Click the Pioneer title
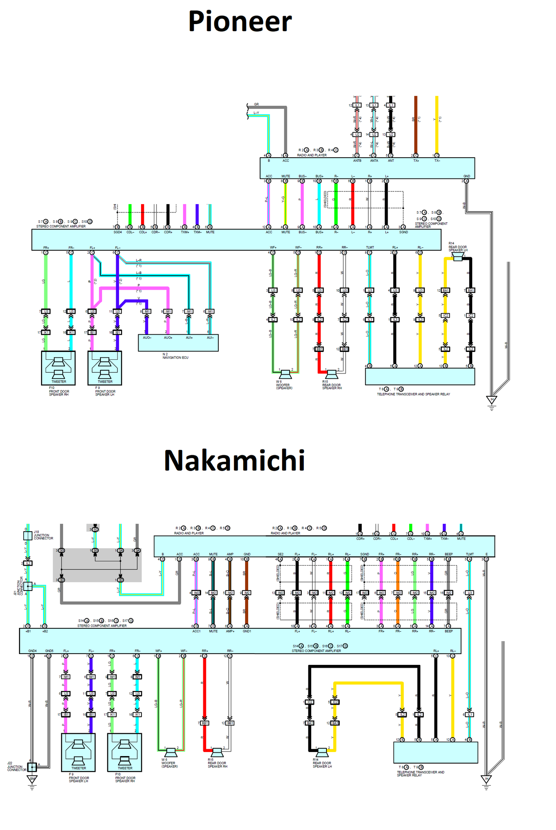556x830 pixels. tap(240, 22)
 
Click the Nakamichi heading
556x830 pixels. tap(234, 461)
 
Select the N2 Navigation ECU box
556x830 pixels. tap(178, 343)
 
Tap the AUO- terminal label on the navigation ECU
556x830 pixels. tap(147, 338)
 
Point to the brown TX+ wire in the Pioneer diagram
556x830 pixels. tap(416, 124)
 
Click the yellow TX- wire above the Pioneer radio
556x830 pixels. tap(437, 124)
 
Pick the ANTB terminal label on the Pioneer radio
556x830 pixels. tap(357, 161)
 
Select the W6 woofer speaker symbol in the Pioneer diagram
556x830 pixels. tap(285, 374)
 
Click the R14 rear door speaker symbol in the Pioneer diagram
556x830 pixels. tap(458, 258)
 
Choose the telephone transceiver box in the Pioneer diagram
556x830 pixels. tap(419, 376)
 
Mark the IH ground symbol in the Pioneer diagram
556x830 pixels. tap(492, 401)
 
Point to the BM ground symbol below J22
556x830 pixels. tap(32, 780)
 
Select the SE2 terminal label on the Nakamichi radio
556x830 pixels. tap(280, 554)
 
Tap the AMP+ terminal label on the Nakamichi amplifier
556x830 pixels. tap(230, 631)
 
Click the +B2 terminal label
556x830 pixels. tap(45, 631)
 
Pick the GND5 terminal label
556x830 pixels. tap(49, 651)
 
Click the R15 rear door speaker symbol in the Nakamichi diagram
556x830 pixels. tap(217, 752)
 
